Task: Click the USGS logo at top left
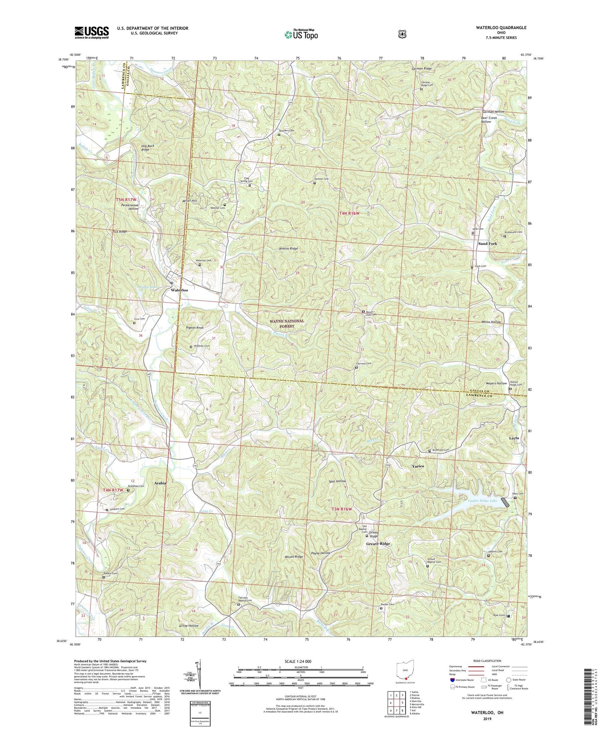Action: coord(91,32)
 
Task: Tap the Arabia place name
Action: coord(160,483)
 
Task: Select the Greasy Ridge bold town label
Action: coord(378,543)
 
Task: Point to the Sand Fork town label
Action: coord(487,244)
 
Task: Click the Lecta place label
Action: coord(514,438)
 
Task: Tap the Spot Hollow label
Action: coord(337,481)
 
